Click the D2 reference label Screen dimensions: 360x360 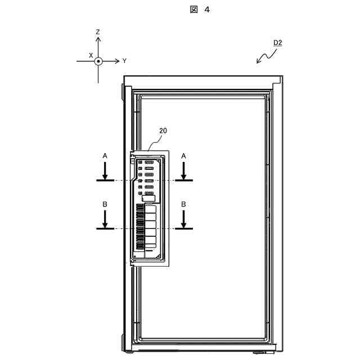point(277,43)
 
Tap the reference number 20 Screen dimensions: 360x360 point(163,130)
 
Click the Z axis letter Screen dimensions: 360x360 point(98,33)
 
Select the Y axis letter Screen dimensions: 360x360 point(124,60)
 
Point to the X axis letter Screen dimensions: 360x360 point(91,55)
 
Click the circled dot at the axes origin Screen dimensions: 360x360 point(98,60)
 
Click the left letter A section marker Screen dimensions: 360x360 point(105,154)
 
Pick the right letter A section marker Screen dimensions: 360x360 point(184,154)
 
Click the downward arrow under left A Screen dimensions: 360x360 point(105,170)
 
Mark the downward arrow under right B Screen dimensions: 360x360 point(184,220)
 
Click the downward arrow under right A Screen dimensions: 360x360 point(184,170)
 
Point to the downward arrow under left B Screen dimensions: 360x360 point(105,220)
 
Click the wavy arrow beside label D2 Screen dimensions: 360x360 point(265,55)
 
